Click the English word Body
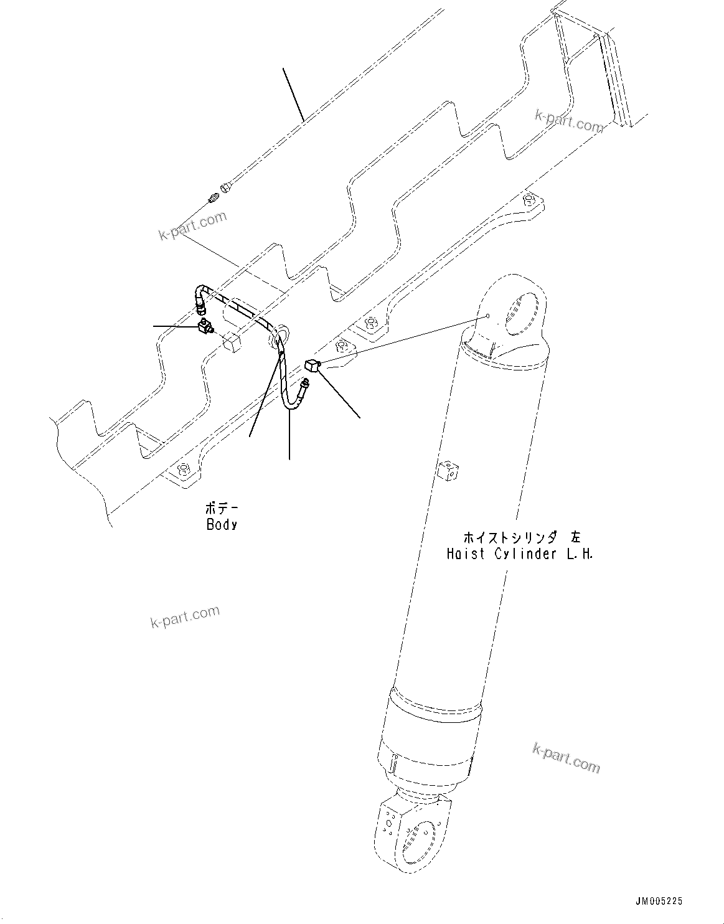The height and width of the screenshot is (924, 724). pyautogui.click(x=222, y=524)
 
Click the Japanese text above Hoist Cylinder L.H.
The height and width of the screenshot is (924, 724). pyautogui.click(x=521, y=537)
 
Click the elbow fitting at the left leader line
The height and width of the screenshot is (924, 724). pyautogui.click(x=205, y=326)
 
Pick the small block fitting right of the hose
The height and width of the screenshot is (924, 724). pyautogui.click(x=311, y=365)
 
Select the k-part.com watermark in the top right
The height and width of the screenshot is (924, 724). pyautogui.click(x=568, y=121)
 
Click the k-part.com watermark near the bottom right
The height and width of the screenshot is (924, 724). pyautogui.click(x=567, y=756)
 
